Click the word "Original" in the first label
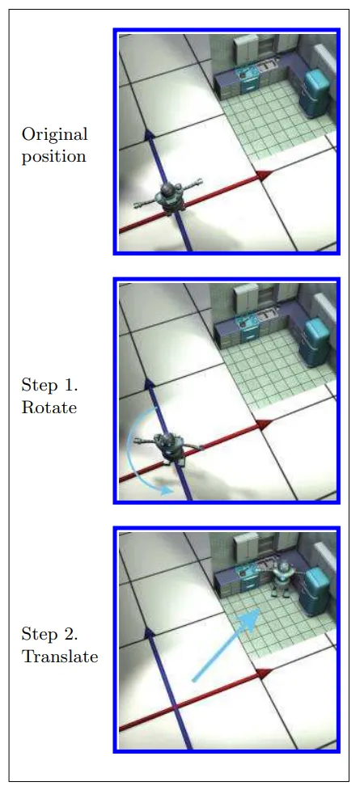coord(54,135)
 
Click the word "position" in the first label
coord(53,157)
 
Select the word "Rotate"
coord(49,407)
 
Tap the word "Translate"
coord(60,657)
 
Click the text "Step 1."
coord(49,386)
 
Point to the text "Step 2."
coord(49,635)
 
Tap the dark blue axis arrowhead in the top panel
coord(149,134)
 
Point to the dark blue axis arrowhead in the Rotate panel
coord(149,383)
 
